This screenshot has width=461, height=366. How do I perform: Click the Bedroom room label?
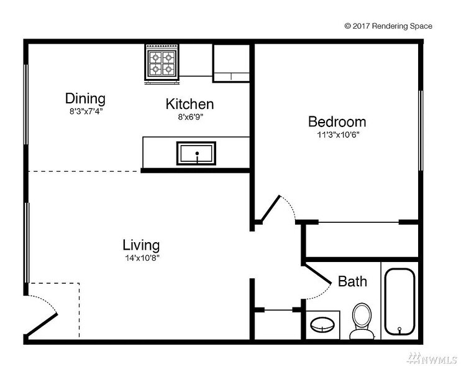point(337,122)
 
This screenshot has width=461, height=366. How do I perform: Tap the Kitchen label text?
point(189,104)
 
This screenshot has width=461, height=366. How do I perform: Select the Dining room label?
point(85,98)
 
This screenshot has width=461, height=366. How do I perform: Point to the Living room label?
point(141,245)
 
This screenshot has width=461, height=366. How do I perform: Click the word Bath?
point(352,281)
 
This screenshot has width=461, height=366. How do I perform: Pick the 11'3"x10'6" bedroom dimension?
point(338,135)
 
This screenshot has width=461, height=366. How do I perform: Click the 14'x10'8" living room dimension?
point(142,258)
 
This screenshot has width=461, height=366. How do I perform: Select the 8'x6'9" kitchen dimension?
point(191,117)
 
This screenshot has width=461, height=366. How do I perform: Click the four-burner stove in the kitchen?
point(162,64)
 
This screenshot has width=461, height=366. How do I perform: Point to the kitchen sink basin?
point(196,153)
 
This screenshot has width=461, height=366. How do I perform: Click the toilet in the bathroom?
point(362,321)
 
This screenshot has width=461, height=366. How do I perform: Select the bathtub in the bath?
point(399,301)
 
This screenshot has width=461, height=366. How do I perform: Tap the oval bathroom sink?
point(322,324)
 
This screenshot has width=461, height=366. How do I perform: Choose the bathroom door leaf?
point(318,274)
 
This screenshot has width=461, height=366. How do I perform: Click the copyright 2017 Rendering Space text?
point(388,26)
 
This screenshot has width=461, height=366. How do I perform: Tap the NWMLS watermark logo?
point(431,358)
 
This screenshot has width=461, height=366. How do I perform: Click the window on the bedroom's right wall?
point(421,131)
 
